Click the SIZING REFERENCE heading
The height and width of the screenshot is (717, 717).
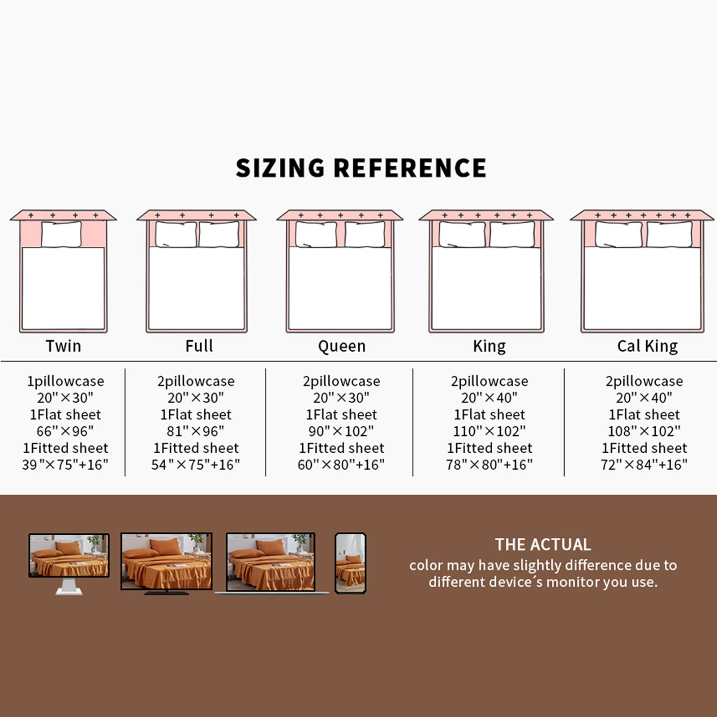[x=361, y=168]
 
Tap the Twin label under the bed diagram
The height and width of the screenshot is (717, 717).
[x=64, y=346]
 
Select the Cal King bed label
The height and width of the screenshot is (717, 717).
[x=647, y=346]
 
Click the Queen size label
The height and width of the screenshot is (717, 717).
[x=342, y=346]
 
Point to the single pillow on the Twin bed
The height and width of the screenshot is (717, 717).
[x=61, y=234]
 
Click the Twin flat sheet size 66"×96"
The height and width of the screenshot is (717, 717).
[x=65, y=431]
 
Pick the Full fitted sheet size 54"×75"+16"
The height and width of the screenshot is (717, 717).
[x=196, y=465]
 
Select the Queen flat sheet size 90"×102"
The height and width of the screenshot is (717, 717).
[x=341, y=431]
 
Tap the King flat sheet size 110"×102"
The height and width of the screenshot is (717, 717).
[x=489, y=431]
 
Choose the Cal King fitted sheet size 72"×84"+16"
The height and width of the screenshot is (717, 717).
[x=644, y=465]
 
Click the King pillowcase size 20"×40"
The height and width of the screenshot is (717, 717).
[x=489, y=398]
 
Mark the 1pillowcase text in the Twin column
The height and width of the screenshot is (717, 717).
[x=65, y=381]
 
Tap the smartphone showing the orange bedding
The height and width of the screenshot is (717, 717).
[x=351, y=563]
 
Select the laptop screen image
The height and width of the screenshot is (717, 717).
[x=270, y=562]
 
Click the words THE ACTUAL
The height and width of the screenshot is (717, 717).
[x=543, y=545]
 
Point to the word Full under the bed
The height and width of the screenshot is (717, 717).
[x=199, y=346]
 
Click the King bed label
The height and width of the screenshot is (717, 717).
[x=489, y=346]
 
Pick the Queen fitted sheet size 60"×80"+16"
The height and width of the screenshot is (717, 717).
[x=341, y=465]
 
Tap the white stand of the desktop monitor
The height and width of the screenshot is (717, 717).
[x=69, y=587]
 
